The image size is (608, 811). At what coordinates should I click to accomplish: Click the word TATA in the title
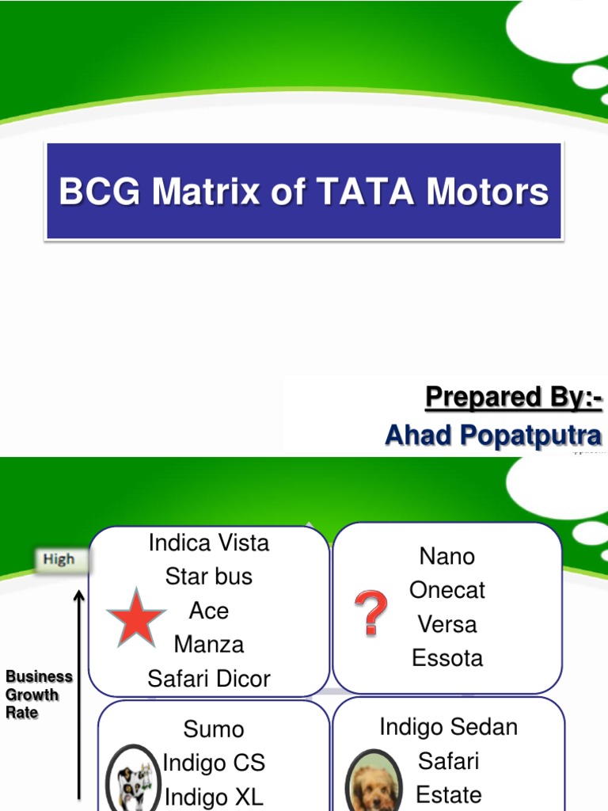(361, 192)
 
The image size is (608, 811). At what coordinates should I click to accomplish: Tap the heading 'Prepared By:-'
(513, 397)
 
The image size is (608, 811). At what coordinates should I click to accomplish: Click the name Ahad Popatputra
(493, 435)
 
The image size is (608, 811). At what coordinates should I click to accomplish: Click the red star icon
(136, 618)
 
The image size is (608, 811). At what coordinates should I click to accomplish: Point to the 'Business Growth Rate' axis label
(38, 695)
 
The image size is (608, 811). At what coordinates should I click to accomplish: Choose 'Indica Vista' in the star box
(209, 543)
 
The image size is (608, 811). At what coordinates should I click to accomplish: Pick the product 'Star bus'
(209, 577)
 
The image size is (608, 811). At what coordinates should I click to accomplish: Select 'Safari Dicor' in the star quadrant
(209, 679)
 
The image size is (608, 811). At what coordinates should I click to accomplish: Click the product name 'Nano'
(447, 556)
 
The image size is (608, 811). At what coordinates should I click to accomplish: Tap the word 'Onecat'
(447, 590)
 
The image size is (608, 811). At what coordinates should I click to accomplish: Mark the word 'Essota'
(447, 658)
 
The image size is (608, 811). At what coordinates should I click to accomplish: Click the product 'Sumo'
(214, 729)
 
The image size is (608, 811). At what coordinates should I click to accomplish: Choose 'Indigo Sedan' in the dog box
(449, 727)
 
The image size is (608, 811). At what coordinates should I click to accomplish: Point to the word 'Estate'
(449, 794)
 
